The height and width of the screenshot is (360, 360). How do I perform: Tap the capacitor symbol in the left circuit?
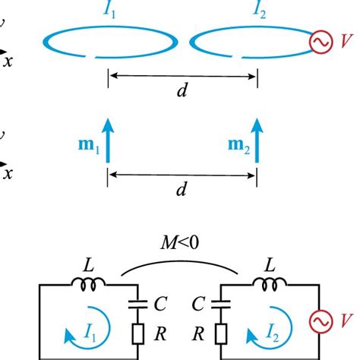coord(137,305)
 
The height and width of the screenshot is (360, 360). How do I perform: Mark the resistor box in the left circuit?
coord(137,333)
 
